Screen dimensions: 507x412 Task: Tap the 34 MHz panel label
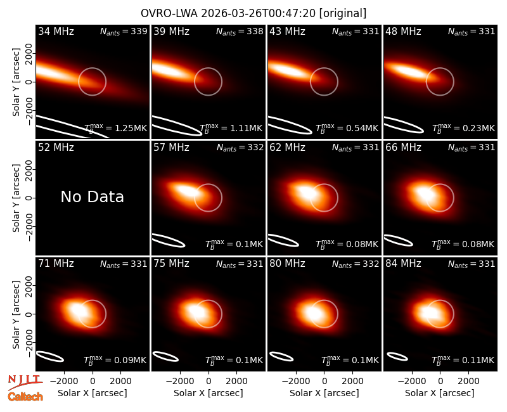click(56, 31)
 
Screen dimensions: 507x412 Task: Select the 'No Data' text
click(93, 196)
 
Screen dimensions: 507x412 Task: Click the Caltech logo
click(25, 397)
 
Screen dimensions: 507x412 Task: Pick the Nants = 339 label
click(124, 31)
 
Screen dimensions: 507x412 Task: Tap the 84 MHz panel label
click(403, 264)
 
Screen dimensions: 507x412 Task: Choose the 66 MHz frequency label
click(403, 148)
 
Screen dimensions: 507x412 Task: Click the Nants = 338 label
click(240, 31)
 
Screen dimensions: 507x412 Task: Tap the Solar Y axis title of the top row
click(16, 82)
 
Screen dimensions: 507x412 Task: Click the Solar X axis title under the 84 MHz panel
click(440, 393)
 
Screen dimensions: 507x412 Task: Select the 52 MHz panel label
click(56, 148)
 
